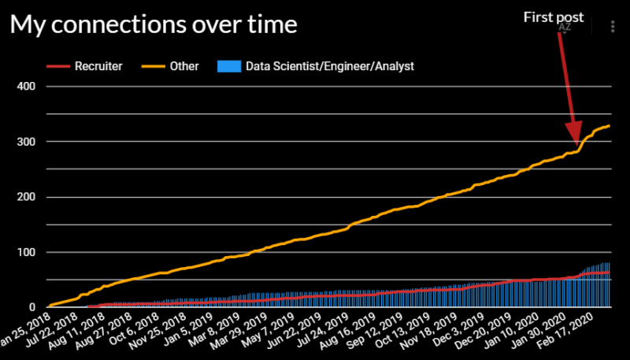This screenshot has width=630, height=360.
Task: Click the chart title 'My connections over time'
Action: (x=154, y=25)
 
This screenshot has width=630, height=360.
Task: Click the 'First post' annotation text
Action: (x=554, y=17)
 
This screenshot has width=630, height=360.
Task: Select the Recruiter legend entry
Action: (x=98, y=66)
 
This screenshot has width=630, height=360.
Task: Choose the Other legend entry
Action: (x=184, y=66)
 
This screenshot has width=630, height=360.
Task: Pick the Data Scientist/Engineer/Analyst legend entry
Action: (x=329, y=66)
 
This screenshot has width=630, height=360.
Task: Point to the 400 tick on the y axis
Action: (x=27, y=86)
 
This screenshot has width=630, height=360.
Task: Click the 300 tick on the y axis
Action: (x=27, y=142)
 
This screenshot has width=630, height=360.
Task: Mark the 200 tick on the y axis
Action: (x=27, y=197)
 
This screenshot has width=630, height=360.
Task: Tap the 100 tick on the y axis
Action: (x=27, y=252)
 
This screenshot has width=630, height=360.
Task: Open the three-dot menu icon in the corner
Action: (x=613, y=26)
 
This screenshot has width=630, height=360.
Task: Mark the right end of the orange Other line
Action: (x=609, y=126)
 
